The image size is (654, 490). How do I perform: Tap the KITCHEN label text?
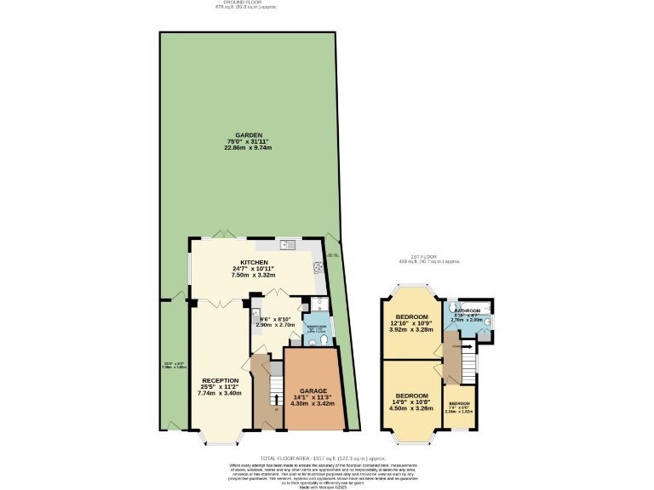coord(254,262)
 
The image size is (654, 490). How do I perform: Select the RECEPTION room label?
coord(221,380)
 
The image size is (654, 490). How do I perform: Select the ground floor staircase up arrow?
coord(275,400)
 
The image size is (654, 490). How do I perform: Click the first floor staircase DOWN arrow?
coord(456,347)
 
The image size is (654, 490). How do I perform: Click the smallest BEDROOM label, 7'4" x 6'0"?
coord(460,402)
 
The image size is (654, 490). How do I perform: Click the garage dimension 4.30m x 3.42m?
coord(313,403)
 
